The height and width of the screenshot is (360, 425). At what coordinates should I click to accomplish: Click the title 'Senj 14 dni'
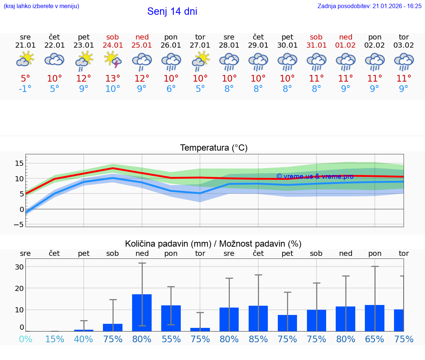pos(172,11)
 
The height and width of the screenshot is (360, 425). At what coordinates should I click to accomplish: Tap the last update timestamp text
pos(369,6)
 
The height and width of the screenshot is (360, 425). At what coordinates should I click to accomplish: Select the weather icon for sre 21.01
pos(25,59)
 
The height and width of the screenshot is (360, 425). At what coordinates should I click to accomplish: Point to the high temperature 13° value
pos(113,78)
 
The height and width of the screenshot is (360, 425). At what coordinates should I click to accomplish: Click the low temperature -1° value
pos(25,89)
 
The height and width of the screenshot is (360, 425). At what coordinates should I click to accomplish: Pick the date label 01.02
pos(345,45)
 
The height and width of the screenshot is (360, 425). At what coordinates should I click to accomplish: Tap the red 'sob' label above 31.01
pos(316,37)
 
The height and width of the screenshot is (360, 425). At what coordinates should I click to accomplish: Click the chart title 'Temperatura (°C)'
pos(214,148)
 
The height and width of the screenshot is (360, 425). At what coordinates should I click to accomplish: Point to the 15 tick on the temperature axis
pos(20,163)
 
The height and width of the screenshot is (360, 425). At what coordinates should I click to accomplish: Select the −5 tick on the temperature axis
pos(19,224)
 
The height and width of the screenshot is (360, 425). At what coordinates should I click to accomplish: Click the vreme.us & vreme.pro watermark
pos(315,176)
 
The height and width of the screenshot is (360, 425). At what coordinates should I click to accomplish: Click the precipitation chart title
pos(213,244)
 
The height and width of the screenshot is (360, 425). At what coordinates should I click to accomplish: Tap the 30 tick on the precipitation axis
pos(20,267)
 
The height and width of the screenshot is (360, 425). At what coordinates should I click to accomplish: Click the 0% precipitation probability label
pos(25,339)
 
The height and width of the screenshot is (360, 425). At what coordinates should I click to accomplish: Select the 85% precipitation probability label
pos(258,339)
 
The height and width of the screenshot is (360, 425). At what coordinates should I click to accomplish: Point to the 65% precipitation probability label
pos(374,339)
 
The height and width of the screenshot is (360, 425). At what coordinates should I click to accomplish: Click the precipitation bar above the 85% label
pos(258,318)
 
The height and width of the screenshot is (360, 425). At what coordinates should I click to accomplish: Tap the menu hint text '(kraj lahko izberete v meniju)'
pos(41,6)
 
